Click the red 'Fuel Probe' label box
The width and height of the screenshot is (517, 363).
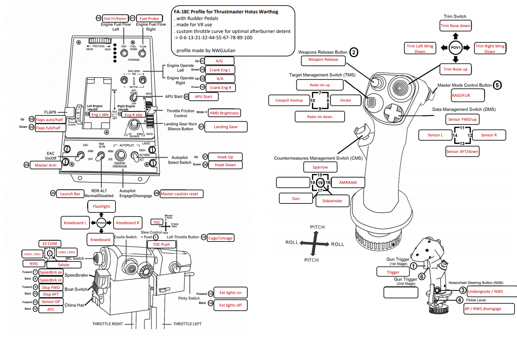pyautogui.click(x=149, y=18)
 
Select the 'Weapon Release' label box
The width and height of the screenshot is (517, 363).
pyautogui.click(x=323, y=60)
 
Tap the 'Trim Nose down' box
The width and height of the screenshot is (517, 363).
pyautogui.click(x=455, y=26)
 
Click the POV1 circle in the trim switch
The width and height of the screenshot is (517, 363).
pyautogui.click(x=456, y=47)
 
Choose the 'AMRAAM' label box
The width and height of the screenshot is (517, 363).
pyautogui.click(x=348, y=182)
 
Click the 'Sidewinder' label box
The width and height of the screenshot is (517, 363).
pyautogui.click(x=332, y=201)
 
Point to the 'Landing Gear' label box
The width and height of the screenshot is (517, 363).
pyautogui.click(x=226, y=127)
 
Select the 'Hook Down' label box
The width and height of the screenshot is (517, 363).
pyautogui.click(x=225, y=165)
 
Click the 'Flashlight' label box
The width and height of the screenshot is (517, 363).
pyautogui.click(x=101, y=206)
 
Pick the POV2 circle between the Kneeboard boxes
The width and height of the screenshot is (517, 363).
pyautogui.click(x=101, y=223)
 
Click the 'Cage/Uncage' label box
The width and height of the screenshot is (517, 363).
pyautogui.click(x=220, y=238)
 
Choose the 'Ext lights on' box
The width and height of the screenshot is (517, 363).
pyautogui.click(x=230, y=292)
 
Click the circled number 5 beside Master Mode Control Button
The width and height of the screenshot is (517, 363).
pyautogui.click(x=497, y=85)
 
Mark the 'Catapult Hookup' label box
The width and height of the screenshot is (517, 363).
pyautogui.click(x=289, y=100)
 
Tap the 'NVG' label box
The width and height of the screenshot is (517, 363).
pyautogui.click(x=34, y=263)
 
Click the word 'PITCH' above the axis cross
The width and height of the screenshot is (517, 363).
pyautogui.click(x=317, y=227)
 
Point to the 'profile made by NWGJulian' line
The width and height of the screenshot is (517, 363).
pyautogui.click(x=206, y=51)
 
